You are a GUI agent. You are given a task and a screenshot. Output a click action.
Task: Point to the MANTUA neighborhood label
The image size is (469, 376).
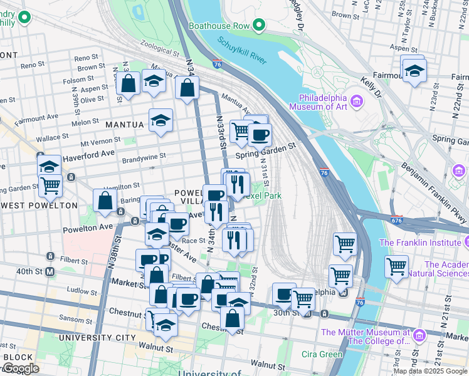coord(124,125)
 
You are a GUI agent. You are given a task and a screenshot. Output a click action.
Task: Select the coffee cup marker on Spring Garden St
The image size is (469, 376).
coord(259,133)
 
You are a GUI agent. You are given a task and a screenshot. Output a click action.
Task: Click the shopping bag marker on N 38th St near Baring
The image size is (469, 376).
coord(105,201)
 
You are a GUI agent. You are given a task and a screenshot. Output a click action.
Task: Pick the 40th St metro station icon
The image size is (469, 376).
coord(49,271)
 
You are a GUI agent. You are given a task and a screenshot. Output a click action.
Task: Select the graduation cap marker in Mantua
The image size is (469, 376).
coord(161,120)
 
